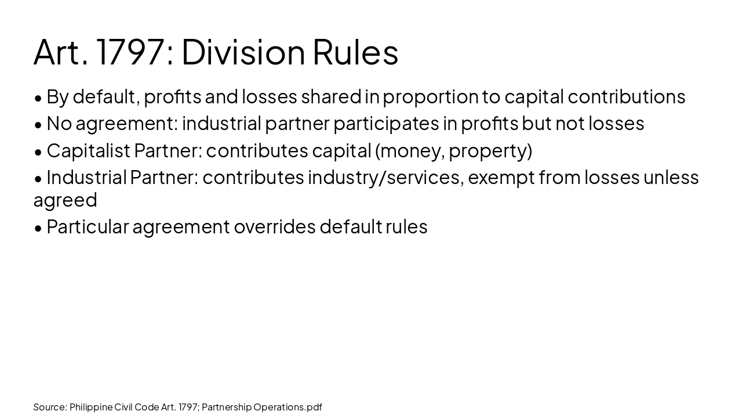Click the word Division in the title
coord(243,52)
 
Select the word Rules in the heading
coord(355,52)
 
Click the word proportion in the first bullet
coord(430,97)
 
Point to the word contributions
coord(626,97)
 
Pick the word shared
coord(331,97)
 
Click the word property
coord(488,151)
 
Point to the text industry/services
coord(384,177)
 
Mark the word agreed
coord(65,200)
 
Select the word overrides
coord(274,226)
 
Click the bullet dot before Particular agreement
coord(38,228)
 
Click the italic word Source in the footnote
coord(49,407)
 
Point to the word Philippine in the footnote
coord(91,407)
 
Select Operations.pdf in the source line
coord(287,407)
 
